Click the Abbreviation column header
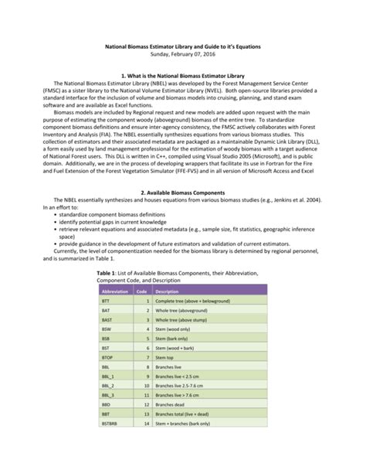(x=114, y=291)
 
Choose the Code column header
(x=141, y=291)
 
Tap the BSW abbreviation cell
(x=107, y=328)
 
